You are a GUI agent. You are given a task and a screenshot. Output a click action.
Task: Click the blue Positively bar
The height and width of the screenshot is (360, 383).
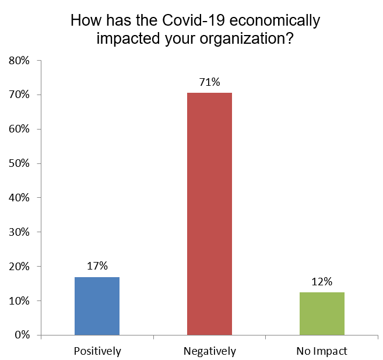(x=97, y=306)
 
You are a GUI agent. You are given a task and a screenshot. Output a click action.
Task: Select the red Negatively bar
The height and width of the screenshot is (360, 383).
(x=209, y=214)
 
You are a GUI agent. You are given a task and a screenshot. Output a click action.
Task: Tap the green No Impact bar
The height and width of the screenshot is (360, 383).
(x=322, y=313)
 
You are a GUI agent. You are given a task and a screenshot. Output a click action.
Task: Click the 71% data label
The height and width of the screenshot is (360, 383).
(x=209, y=82)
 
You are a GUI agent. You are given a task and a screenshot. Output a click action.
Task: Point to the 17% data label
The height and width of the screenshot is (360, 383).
(x=97, y=266)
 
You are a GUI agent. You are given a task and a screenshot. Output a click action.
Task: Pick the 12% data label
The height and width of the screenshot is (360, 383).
(x=322, y=282)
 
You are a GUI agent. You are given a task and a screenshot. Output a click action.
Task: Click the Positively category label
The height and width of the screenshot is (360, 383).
(x=97, y=351)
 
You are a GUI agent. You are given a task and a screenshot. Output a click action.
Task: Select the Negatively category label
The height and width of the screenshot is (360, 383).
(x=209, y=351)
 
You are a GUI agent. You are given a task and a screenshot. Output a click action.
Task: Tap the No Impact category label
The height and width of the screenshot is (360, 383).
(x=322, y=351)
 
